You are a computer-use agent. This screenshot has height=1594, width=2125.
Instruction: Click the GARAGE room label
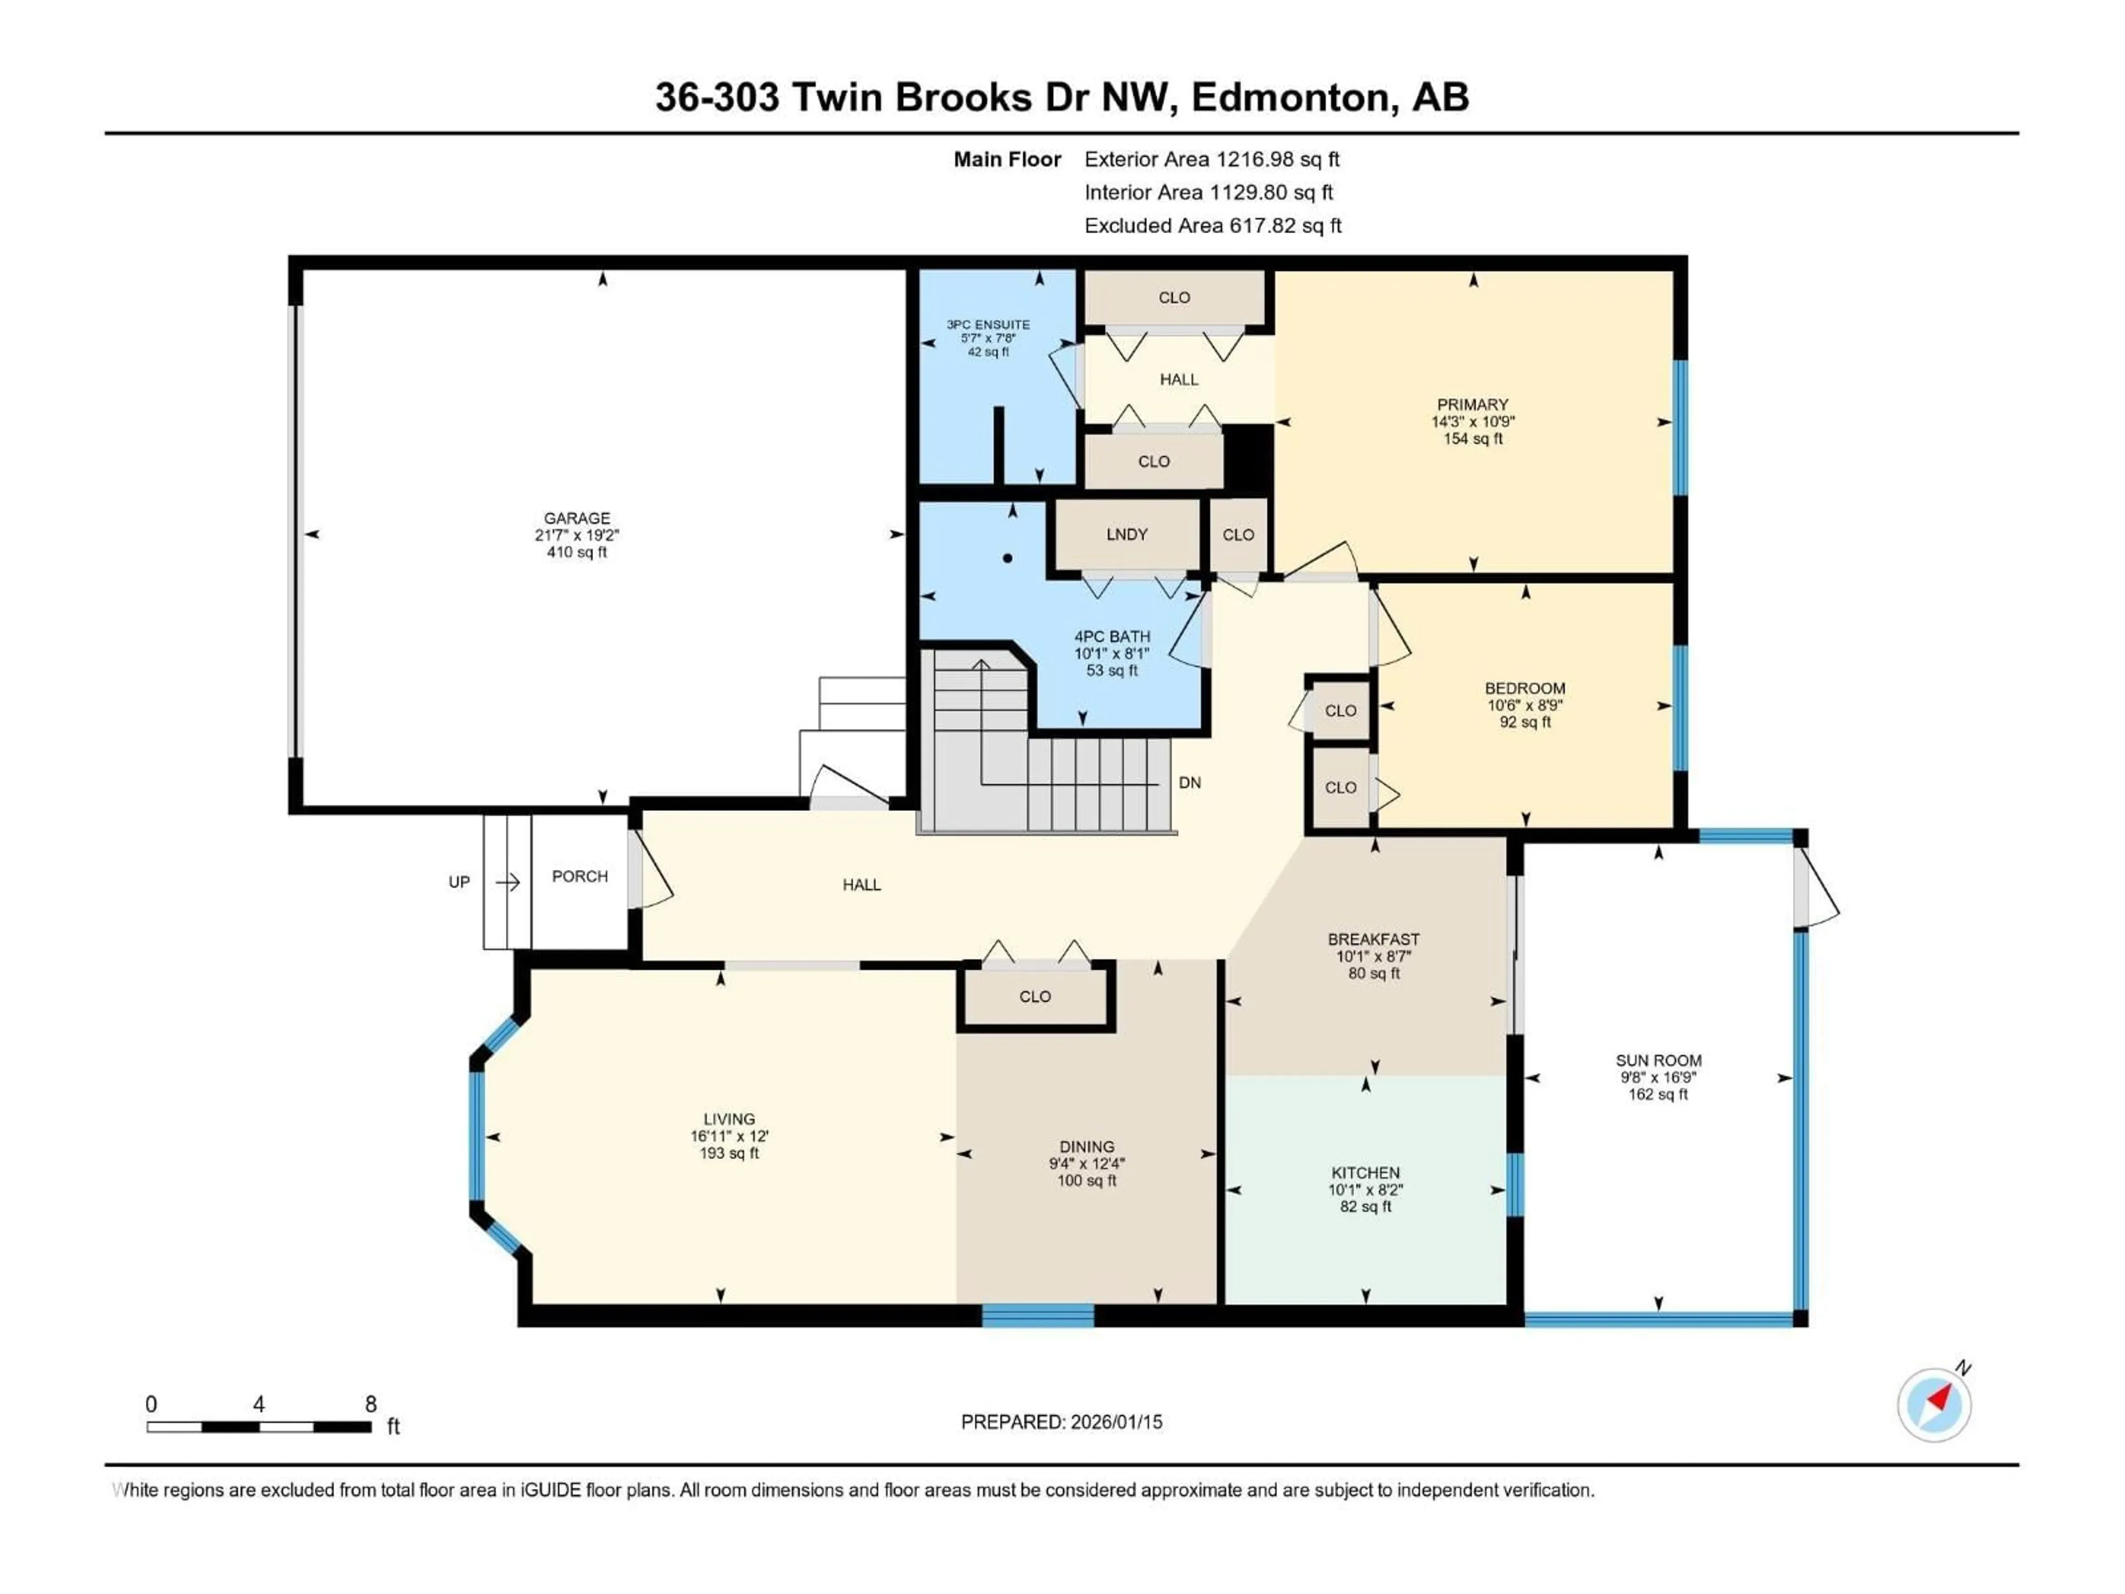(577, 518)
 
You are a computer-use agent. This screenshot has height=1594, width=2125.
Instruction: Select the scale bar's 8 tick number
(371, 1404)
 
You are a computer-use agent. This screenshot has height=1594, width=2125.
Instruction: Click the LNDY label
(1126, 534)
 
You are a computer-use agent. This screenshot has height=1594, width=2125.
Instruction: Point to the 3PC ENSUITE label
(988, 325)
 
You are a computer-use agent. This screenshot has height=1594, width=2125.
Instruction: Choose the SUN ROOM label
(1658, 1061)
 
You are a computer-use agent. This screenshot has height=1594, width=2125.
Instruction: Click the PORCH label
(579, 876)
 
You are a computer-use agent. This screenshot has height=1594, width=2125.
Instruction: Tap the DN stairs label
(1189, 782)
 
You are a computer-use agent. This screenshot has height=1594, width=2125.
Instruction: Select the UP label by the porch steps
(459, 882)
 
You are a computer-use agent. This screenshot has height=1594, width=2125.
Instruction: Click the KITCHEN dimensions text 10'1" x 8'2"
(1365, 1189)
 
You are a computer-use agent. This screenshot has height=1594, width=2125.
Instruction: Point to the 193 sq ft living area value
(729, 1153)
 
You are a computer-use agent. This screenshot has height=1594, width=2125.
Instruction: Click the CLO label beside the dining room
(1035, 996)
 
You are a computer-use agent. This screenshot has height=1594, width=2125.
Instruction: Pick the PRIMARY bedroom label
(1472, 405)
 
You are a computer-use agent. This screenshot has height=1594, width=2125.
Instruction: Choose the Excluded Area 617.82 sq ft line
(1212, 226)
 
